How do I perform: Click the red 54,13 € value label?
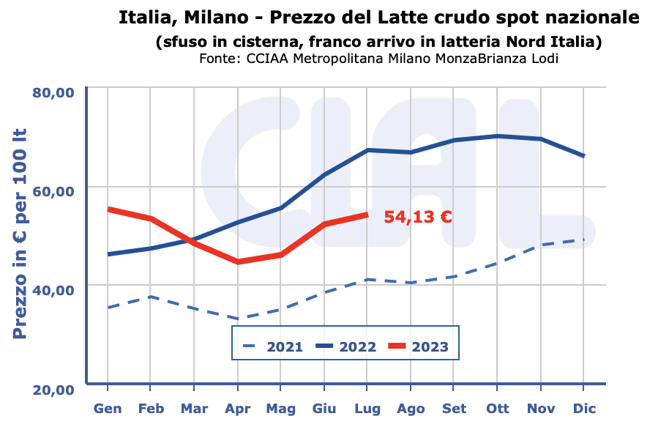point(418,217)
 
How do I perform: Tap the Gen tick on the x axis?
point(108,409)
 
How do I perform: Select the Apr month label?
point(237,409)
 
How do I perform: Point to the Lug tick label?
point(367,409)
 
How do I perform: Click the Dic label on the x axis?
point(584,409)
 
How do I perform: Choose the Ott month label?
point(497,409)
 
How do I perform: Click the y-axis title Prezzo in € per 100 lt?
point(20,234)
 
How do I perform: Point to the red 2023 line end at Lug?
point(367,215)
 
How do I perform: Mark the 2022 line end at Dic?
point(583,156)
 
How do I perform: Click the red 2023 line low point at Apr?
point(237,261)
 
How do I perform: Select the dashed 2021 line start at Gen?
point(108,308)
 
